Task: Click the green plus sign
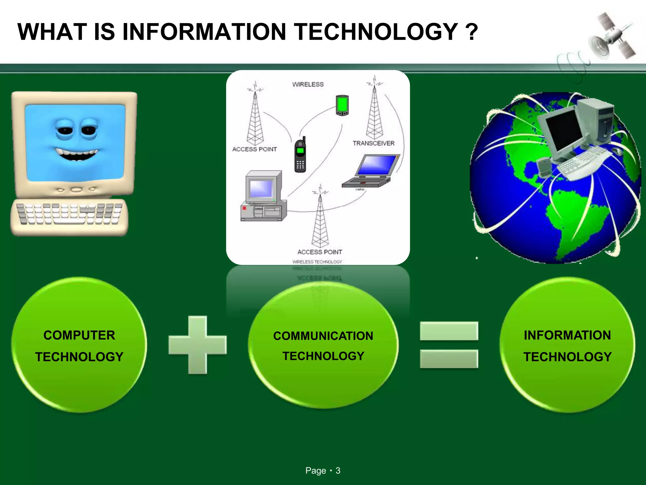197,345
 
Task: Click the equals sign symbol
449,345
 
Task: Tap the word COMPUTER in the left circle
79,335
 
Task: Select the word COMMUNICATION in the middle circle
323,336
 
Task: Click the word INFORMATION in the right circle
567,335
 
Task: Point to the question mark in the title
471,32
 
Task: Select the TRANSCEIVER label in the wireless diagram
373,143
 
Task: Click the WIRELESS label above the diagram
308,85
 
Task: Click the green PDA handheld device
342,105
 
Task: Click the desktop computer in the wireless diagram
263,196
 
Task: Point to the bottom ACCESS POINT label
320,252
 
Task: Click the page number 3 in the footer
338,471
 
